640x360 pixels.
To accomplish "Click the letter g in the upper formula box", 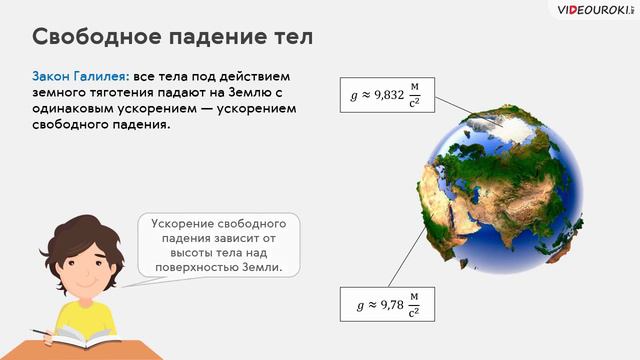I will (353, 97).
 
